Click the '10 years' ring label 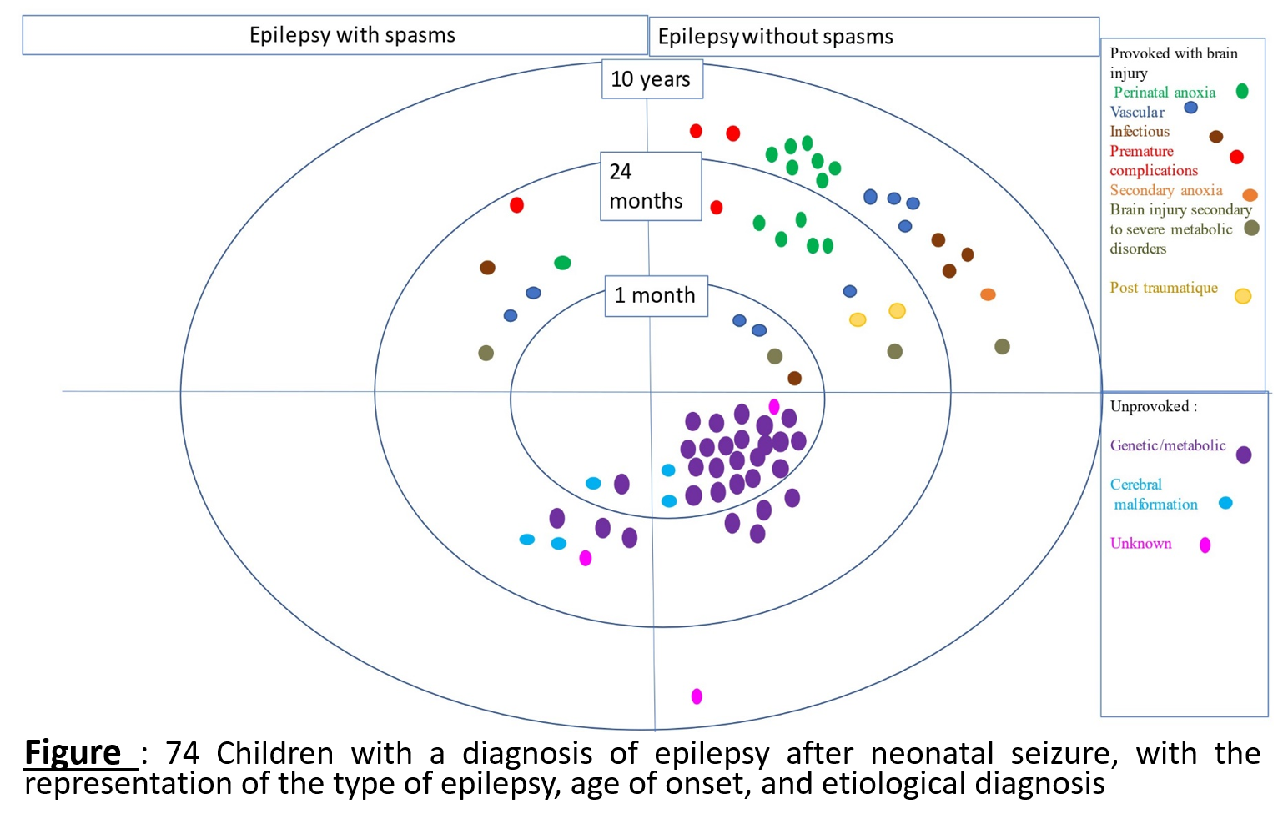coord(652,79)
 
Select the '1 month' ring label coord(656,295)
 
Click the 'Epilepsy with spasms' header coord(352,35)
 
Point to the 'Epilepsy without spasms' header coord(775,37)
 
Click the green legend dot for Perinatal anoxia coord(1242,92)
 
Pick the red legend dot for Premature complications coord(1236,157)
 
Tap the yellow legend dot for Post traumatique coord(1242,296)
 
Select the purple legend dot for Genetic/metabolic coord(1243,455)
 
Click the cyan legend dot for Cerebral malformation coord(1225,503)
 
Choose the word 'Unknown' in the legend coord(1140,544)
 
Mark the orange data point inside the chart coord(988,294)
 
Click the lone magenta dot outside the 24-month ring coord(697,696)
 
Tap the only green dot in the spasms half coord(562,263)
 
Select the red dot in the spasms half coord(516,205)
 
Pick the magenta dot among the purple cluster coord(774,406)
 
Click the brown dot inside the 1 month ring coord(794,379)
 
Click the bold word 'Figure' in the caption coord(73,753)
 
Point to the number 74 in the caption coord(182,753)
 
